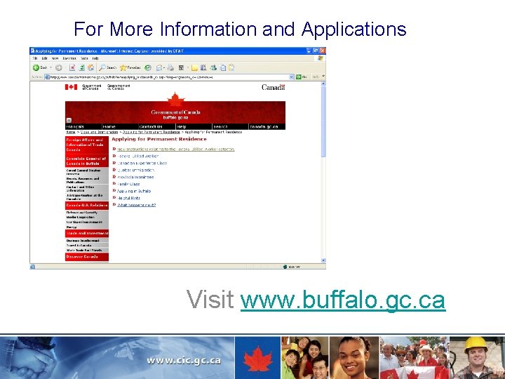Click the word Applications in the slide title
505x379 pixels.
pyautogui.click(x=353, y=29)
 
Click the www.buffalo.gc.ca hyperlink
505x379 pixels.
pyautogui.click(x=342, y=300)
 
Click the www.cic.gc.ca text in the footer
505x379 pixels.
pyautogui.click(x=184, y=360)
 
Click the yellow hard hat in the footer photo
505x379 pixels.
pyautogui.click(x=477, y=345)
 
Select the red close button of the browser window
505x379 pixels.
pyautogui.click(x=323, y=51)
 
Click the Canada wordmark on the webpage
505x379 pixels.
pyautogui.click(x=273, y=87)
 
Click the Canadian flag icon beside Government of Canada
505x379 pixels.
pyautogui.click(x=71, y=87)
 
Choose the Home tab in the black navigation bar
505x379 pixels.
pyautogui.click(x=109, y=126)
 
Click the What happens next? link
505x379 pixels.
pyautogui.click(x=136, y=205)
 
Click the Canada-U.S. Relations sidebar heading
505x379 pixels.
pyautogui.click(x=87, y=205)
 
